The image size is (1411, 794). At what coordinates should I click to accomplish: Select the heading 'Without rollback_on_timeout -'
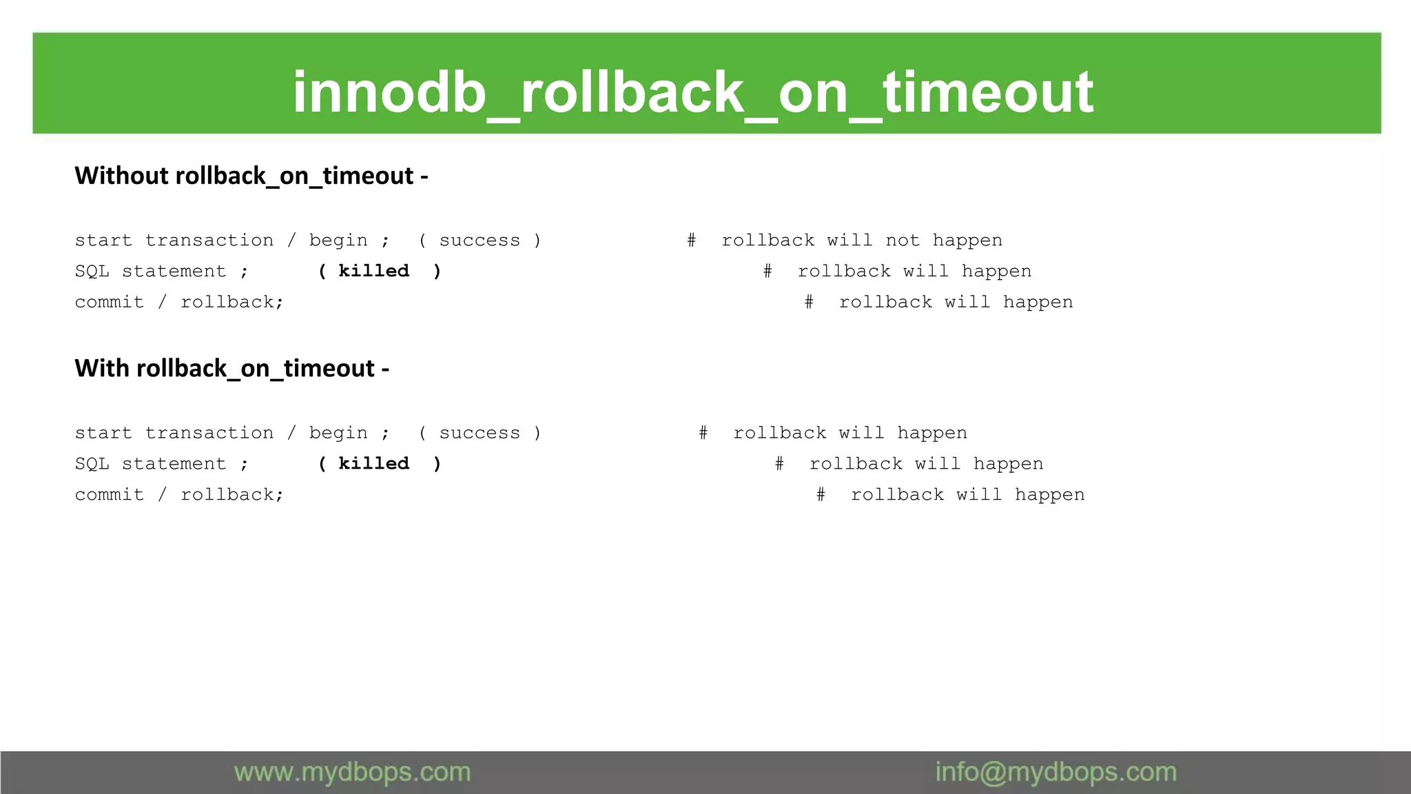click(251, 176)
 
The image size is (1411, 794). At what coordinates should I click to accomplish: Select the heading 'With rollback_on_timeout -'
click(231, 369)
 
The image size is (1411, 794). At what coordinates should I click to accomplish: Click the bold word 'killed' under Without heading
click(374, 271)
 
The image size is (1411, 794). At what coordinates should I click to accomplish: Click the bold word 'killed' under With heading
click(374, 464)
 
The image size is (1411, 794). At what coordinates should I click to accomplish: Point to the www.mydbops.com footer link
click(352, 773)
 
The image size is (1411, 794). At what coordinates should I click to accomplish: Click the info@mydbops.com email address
click(1055, 773)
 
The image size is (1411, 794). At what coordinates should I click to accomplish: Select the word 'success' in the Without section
click(480, 241)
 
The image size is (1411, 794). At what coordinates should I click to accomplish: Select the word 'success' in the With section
click(480, 433)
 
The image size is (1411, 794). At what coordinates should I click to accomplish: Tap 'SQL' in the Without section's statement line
click(92, 272)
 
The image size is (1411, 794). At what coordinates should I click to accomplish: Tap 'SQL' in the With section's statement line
click(92, 464)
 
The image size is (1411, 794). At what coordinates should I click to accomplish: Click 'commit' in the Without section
click(110, 303)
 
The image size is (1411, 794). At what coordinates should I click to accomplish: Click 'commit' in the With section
click(110, 495)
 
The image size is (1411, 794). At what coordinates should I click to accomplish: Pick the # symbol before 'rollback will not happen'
click(691, 241)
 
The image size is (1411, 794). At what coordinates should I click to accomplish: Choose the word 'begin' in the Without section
click(338, 241)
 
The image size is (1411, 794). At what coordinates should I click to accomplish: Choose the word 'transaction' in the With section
click(209, 433)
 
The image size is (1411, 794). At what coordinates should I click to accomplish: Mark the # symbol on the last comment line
click(821, 495)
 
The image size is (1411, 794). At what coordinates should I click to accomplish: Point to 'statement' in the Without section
click(174, 272)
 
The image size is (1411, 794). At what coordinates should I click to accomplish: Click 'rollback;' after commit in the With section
click(232, 495)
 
